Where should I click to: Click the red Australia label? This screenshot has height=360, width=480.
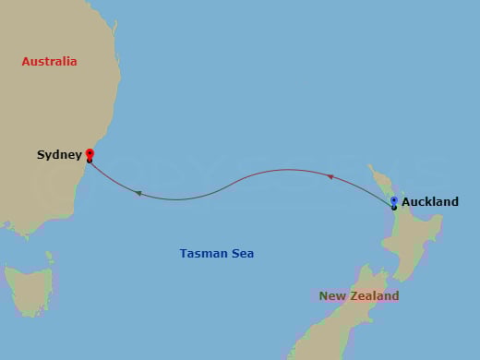[x=50, y=62]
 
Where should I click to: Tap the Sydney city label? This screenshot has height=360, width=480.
[x=59, y=155]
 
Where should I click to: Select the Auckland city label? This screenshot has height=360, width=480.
[x=429, y=202]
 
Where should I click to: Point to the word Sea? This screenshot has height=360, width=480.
[x=243, y=253]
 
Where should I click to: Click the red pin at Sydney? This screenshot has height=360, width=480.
[x=90, y=153]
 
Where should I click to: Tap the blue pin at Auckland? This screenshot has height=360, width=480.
[x=394, y=200]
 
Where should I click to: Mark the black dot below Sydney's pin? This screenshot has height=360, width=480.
[x=90, y=161]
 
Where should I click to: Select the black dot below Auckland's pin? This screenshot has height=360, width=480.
[x=394, y=208]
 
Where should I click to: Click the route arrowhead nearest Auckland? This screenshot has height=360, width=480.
[x=330, y=176]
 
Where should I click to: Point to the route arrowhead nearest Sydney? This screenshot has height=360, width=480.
[x=138, y=193]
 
